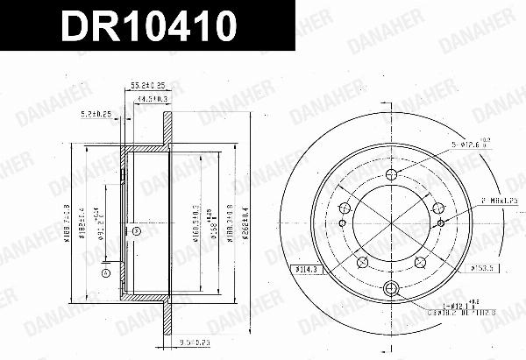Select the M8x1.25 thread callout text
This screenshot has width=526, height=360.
click(496, 201)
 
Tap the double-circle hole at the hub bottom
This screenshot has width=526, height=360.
click(392, 292)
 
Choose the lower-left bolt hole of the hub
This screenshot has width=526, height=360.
click(362, 261)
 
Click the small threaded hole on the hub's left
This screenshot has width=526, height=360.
click(342, 208)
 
